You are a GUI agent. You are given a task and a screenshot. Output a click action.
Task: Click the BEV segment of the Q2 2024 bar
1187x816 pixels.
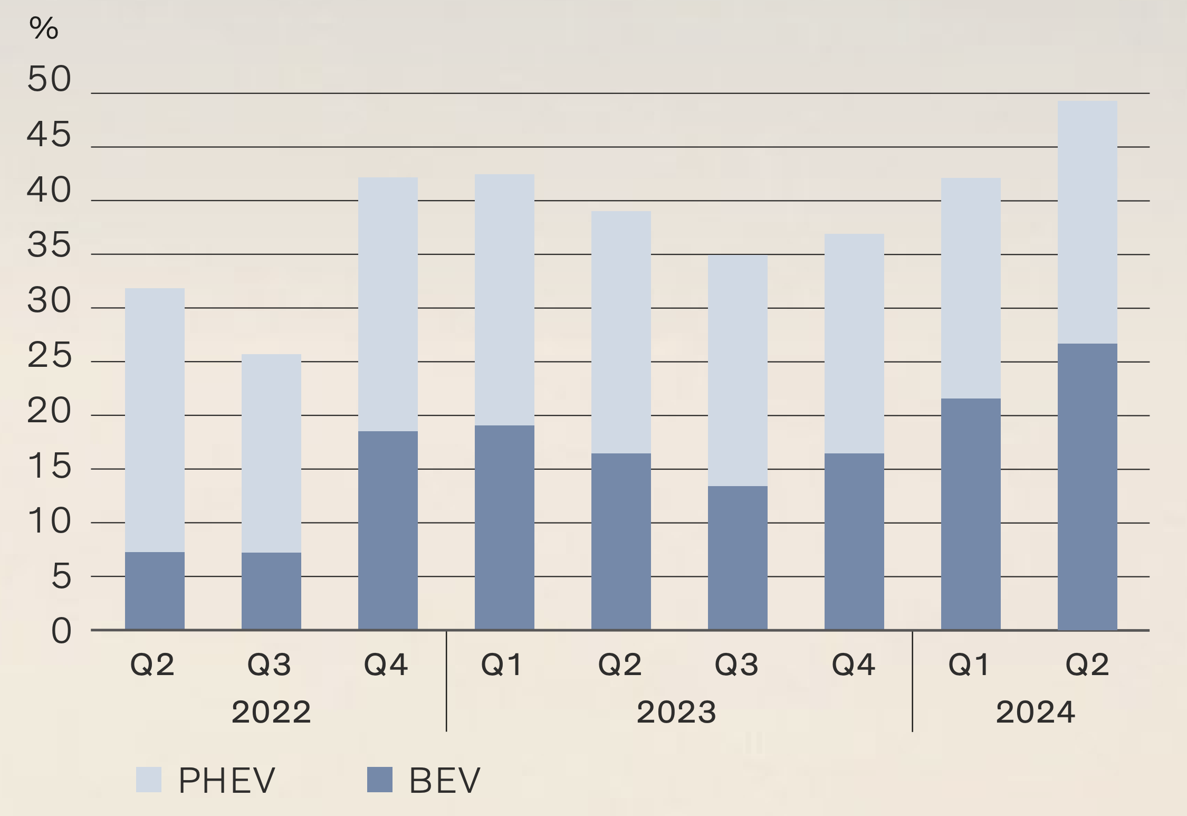(x=1087, y=487)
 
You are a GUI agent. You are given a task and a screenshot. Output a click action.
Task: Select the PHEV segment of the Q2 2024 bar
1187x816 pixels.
(x=1087, y=222)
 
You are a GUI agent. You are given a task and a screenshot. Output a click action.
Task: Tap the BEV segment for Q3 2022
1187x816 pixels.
(x=271, y=591)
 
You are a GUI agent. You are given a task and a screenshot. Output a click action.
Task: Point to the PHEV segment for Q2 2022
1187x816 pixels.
(x=155, y=420)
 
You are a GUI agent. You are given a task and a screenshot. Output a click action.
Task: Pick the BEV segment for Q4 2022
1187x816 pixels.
(x=388, y=530)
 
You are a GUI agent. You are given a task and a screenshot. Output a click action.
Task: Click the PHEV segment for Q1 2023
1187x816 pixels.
(x=504, y=299)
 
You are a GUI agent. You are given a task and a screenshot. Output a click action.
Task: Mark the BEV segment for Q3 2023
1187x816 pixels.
(x=738, y=557)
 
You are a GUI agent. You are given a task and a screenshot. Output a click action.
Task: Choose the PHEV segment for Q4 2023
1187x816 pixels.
(x=854, y=343)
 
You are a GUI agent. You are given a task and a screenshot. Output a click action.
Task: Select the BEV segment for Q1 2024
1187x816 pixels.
(x=971, y=514)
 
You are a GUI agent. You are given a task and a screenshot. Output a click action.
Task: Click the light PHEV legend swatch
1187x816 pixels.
(x=149, y=780)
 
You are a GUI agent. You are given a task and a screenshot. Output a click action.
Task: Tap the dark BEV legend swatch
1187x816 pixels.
(x=380, y=780)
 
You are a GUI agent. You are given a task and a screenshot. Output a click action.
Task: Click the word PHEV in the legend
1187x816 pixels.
(x=227, y=780)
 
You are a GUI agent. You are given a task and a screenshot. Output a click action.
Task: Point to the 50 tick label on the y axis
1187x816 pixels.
(x=49, y=79)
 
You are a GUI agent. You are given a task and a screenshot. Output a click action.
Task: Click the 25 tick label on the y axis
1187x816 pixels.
(x=49, y=356)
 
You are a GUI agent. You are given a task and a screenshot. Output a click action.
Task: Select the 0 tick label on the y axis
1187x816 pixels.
(x=61, y=631)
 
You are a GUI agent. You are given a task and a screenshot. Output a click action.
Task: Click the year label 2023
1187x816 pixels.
(x=676, y=712)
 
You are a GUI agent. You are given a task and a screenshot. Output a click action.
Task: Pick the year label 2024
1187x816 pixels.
(x=1036, y=712)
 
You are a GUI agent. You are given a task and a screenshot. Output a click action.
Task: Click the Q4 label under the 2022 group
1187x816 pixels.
(x=386, y=664)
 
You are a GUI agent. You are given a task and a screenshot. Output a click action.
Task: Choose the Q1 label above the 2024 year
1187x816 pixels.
(x=969, y=664)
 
